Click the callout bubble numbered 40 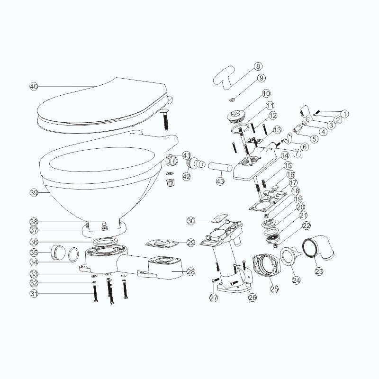click(x=34, y=86)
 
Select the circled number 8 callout click(x=258, y=66)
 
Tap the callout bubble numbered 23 click(x=319, y=271)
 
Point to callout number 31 click(x=34, y=294)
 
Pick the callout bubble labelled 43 click(x=220, y=181)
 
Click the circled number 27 click(x=214, y=298)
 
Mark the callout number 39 click(x=34, y=193)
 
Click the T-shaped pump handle click(x=224, y=78)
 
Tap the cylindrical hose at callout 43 click(x=220, y=167)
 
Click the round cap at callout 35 click(x=58, y=253)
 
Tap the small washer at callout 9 click(x=232, y=99)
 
